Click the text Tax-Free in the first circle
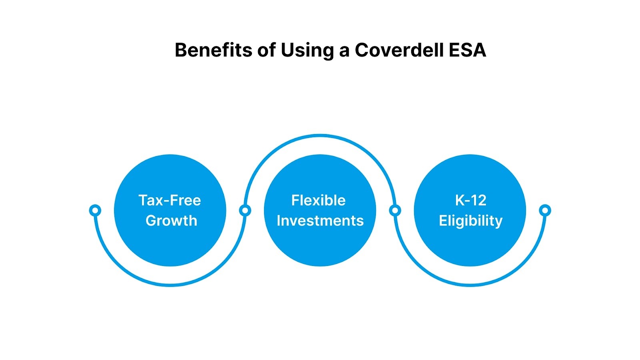170,200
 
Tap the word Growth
171,221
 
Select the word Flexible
318,200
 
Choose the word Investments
320,221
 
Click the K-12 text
470,200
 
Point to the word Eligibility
470,221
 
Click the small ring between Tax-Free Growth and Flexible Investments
245,210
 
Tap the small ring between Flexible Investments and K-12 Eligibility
395,210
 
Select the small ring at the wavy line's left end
95,210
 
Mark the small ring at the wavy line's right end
545,210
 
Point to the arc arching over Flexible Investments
320,136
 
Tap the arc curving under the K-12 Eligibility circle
470,285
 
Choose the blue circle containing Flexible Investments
320,248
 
